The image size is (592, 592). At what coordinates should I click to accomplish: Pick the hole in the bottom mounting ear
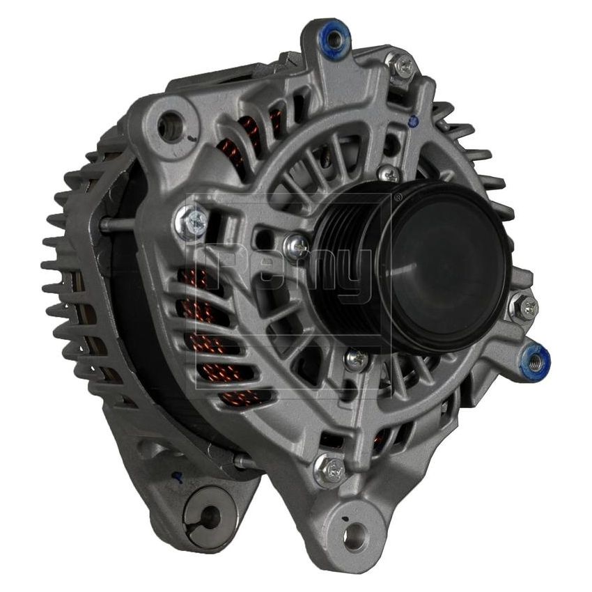pyautogui.click(x=355, y=535)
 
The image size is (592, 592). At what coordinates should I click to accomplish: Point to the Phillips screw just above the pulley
pyautogui.click(x=389, y=174)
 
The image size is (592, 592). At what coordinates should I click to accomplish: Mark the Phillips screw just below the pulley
pyautogui.click(x=356, y=359)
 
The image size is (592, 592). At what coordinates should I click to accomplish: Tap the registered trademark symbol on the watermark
pyautogui.click(x=398, y=198)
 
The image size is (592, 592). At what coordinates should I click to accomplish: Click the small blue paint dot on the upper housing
pyautogui.click(x=414, y=120)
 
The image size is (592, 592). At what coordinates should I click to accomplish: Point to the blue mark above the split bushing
pyautogui.click(x=178, y=476)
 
